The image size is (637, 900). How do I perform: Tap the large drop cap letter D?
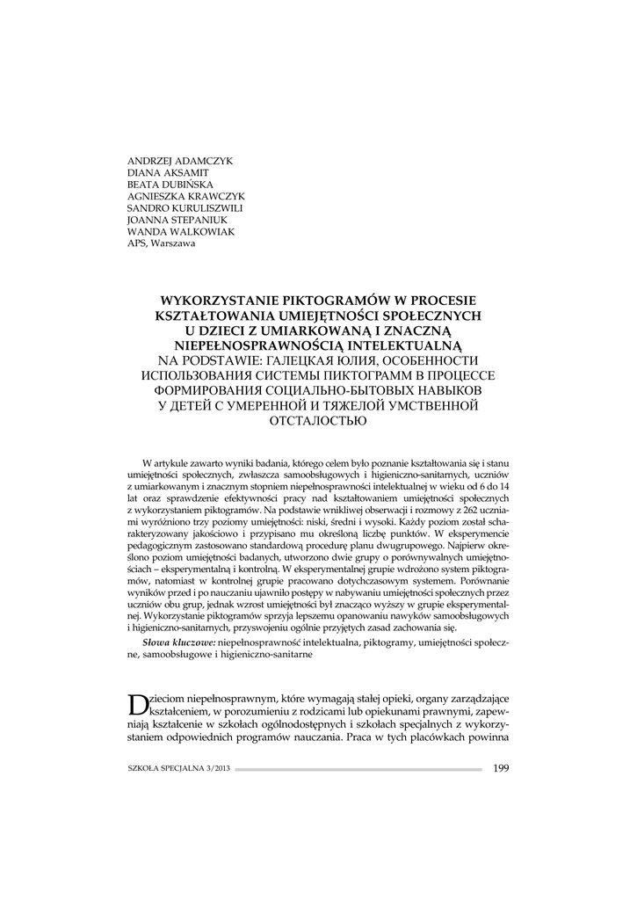tap(137, 704)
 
